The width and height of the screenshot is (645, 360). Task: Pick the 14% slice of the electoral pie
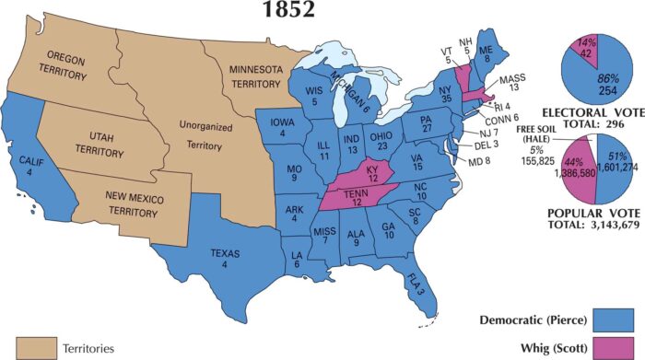click(584, 46)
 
